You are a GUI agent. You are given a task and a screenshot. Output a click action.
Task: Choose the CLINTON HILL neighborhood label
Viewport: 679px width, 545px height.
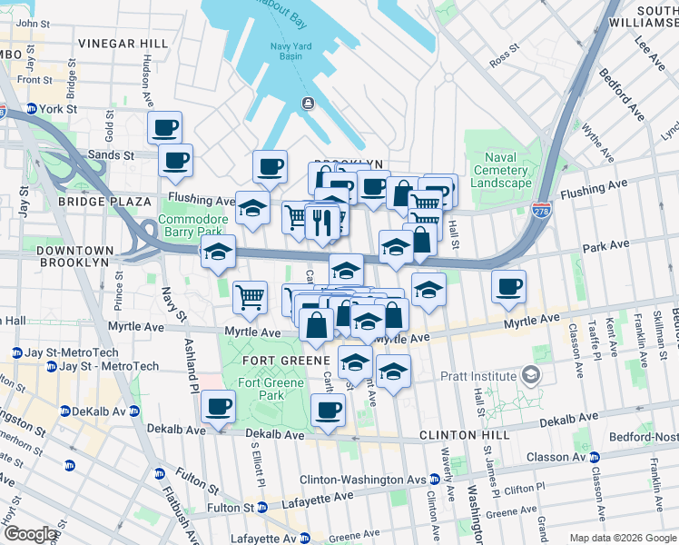pyautogui.click(x=462, y=435)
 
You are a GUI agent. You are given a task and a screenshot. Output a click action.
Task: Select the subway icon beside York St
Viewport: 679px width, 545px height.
pyautogui.click(x=31, y=108)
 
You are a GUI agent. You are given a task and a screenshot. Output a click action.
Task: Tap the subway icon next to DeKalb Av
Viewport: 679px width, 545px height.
pyautogui.click(x=63, y=411)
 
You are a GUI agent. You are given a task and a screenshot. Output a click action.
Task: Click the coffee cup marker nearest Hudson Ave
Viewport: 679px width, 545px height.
pyautogui.click(x=165, y=127)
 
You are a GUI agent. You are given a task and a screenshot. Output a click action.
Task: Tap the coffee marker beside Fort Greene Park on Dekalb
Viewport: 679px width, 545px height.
pyautogui.click(x=218, y=407)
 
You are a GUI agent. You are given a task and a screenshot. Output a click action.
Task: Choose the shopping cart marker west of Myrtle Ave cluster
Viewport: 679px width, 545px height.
pyautogui.click(x=250, y=295)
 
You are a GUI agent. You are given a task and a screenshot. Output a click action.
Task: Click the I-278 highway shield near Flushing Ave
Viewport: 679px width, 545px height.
pyautogui.click(x=542, y=209)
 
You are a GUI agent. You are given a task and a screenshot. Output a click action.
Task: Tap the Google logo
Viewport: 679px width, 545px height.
pyautogui.click(x=30, y=534)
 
